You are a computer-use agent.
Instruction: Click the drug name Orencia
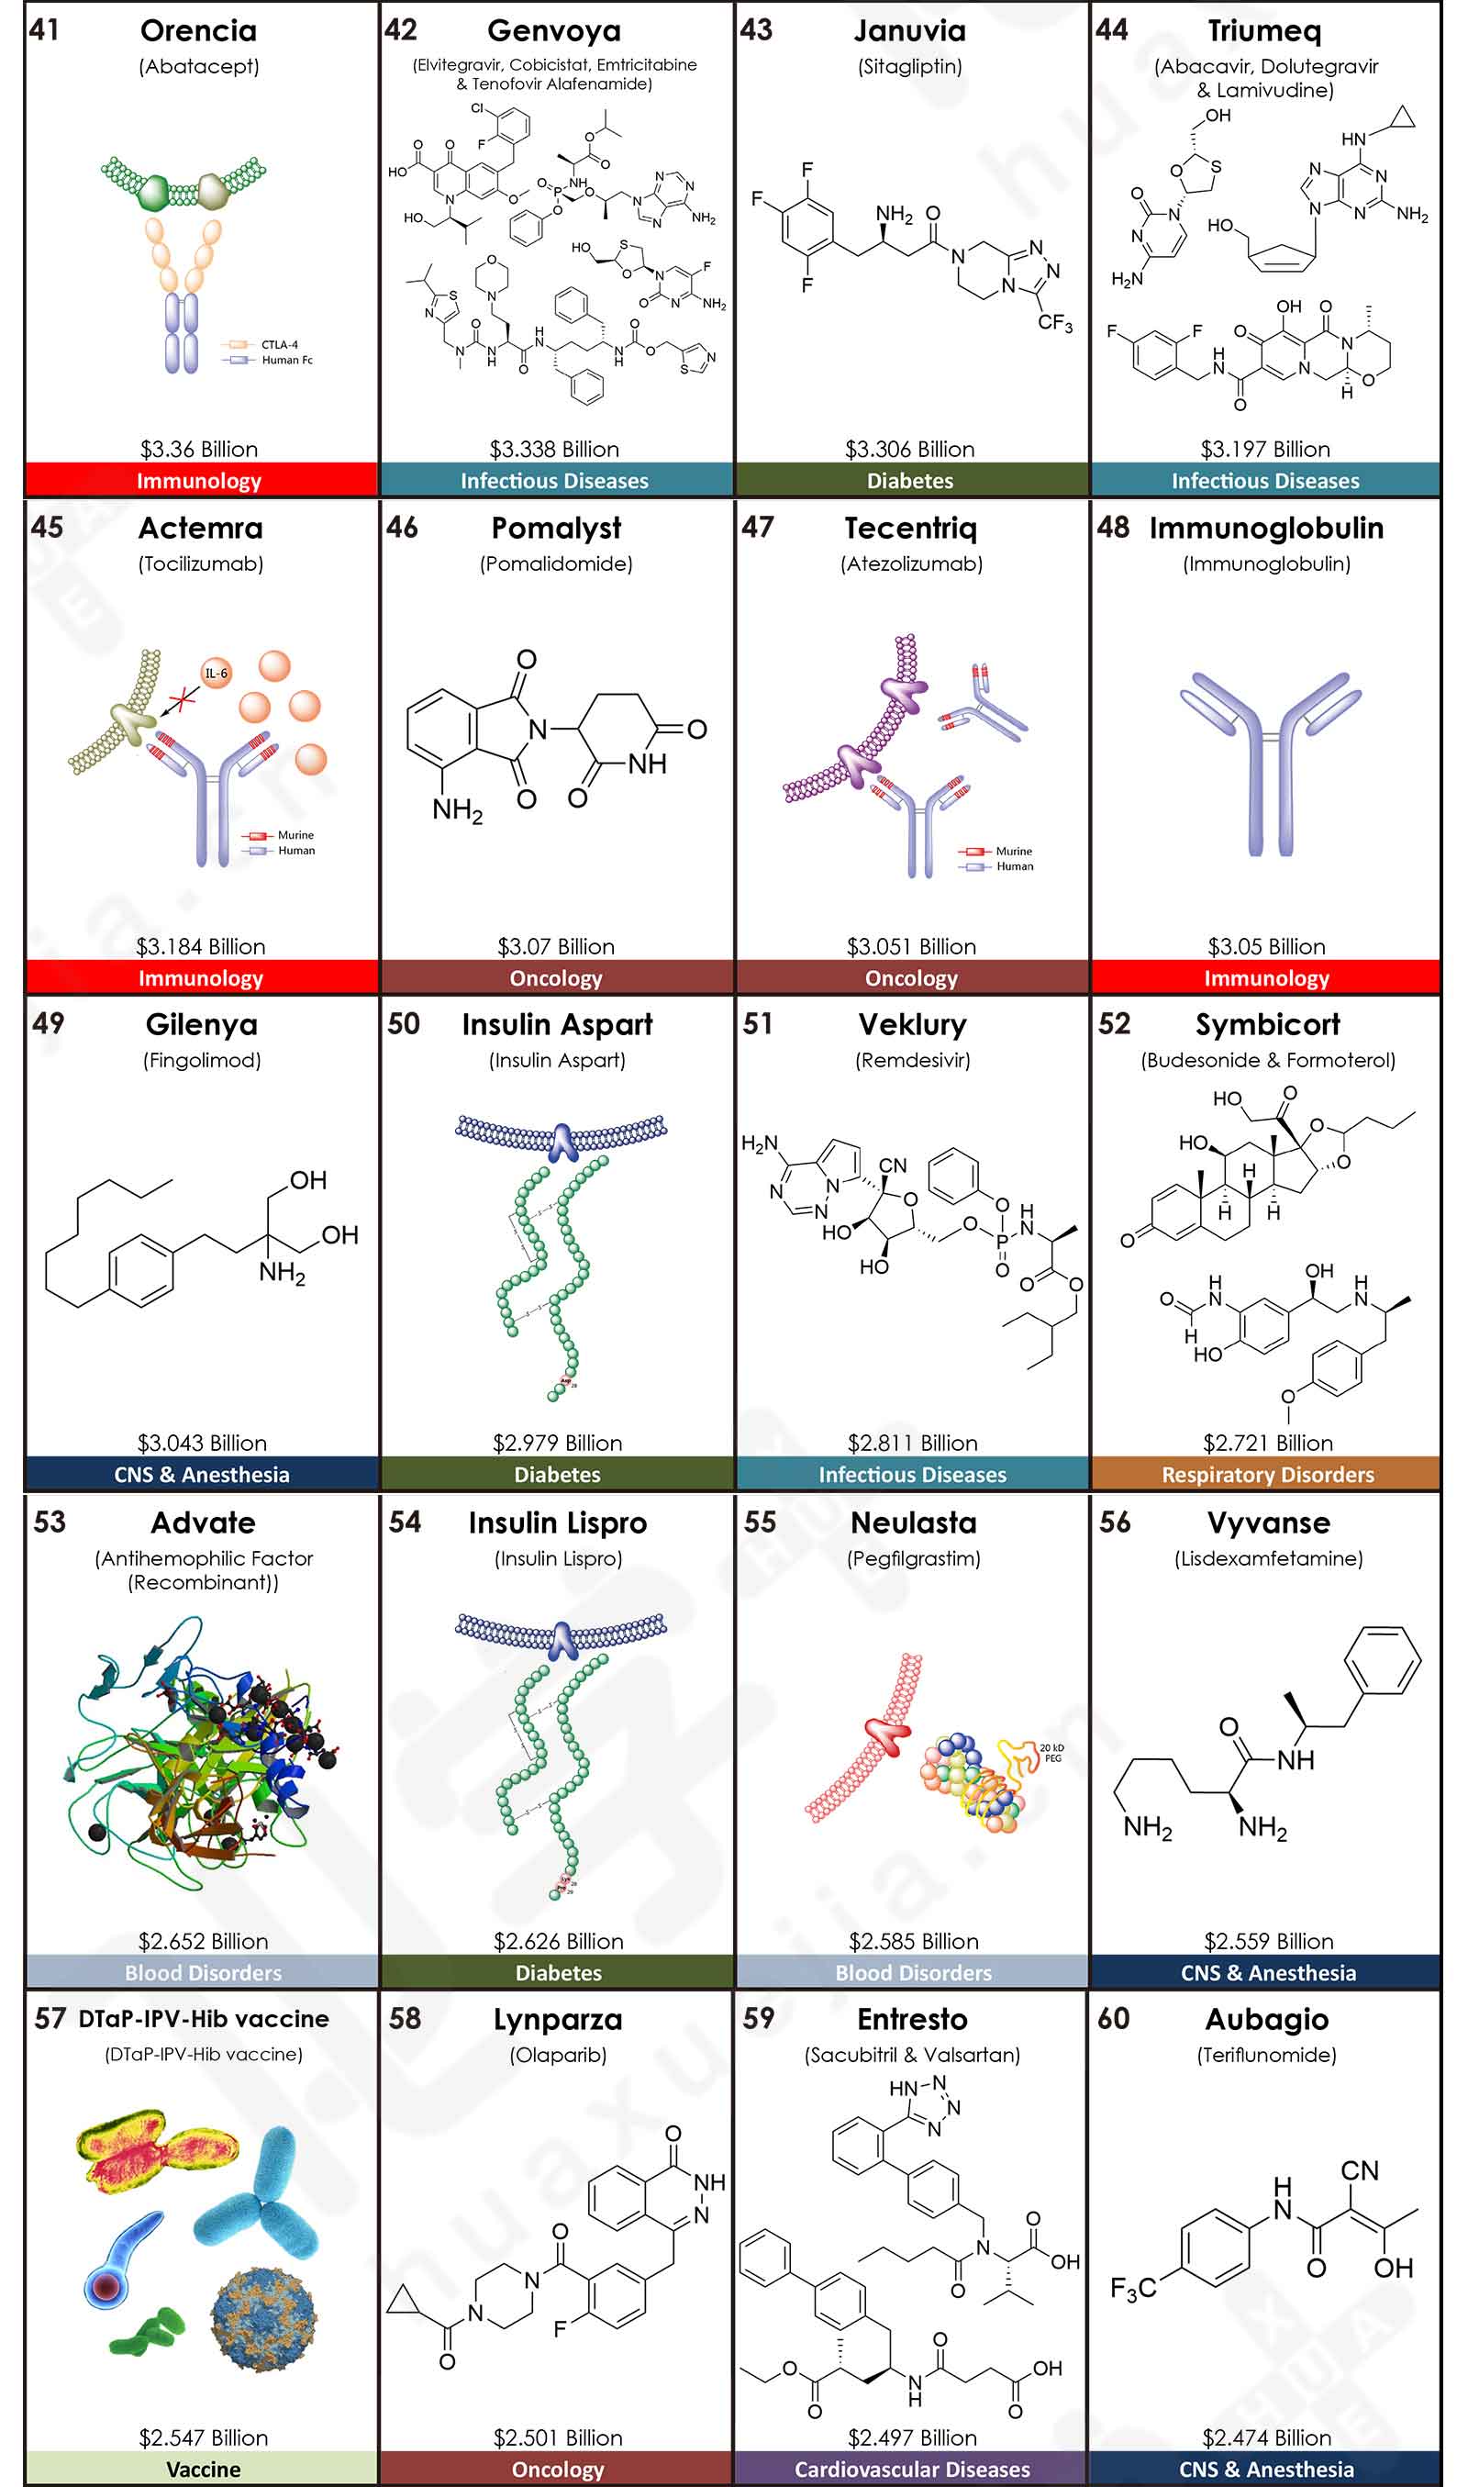[x=198, y=30]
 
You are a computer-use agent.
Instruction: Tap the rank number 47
[x=758, y=528]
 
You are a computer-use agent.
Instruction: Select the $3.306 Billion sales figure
[x=909, y=449]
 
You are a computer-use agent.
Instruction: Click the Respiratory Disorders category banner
[x=1267, y=1474]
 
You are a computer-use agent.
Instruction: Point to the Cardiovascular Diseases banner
[x=912, y=2470]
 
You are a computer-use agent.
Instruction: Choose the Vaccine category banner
[x=203, y=2470]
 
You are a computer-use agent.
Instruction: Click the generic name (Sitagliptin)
[x=909, y=66]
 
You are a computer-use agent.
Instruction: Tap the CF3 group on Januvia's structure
[x=1054, y=322]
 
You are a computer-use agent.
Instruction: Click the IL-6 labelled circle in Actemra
[x=216, y=674]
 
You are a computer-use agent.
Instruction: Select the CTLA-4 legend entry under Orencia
[x=279, y=344]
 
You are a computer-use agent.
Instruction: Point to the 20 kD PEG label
[x=1051, y=1753]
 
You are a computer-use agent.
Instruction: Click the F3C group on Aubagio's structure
[x=1133, y=2288]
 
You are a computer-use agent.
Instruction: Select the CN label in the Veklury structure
[x=893, y=1165]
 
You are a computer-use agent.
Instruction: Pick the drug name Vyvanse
[x=1268, y=1523]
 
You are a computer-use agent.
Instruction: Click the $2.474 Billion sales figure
[x=1266, y=2437]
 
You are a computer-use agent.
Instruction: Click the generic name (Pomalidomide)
[x=556, y=563]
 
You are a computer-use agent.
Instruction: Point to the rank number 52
[x=1114, y=1024]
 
